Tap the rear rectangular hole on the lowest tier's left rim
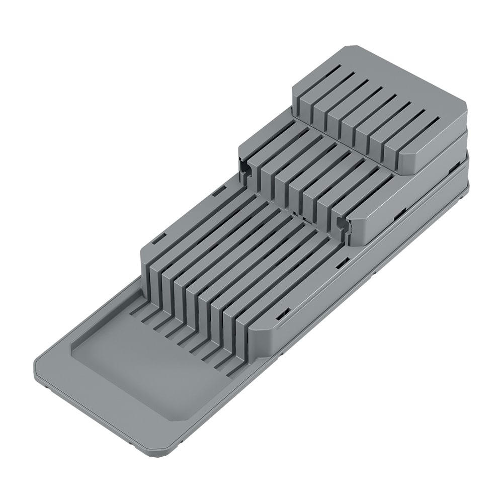point(218,192)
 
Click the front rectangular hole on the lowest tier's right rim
point(281,314)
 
